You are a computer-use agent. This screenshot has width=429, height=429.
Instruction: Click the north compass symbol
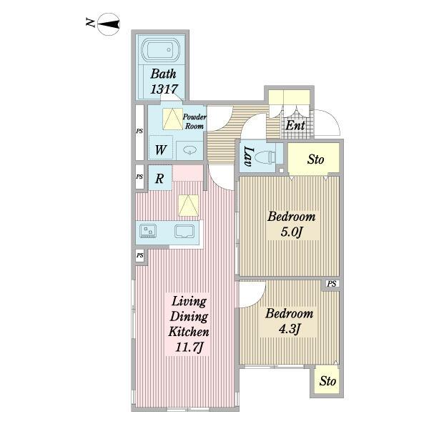tap(109, 24)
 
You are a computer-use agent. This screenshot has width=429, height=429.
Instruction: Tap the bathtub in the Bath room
tap(161, 50)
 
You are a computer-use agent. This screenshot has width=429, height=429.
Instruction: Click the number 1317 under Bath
tap(164, 89)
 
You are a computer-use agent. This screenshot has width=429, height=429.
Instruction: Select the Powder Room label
tap(194, 122)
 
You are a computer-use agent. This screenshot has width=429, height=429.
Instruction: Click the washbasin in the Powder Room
tap(190, 150)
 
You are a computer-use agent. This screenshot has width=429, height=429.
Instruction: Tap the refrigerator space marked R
tap(160, 178)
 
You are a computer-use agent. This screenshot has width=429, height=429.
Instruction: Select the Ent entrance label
tap(295, 126)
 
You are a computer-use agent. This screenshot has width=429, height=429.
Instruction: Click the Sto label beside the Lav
tap(315, 159)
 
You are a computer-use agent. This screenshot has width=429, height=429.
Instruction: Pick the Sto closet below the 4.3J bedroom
tap(327, 381)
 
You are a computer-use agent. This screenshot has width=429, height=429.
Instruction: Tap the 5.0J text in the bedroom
tap(292, 232)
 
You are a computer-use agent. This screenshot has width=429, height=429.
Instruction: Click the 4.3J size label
tap(290, 329)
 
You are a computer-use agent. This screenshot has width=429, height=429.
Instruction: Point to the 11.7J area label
tap(189, 347)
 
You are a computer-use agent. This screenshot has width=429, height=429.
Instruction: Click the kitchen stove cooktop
tap(148, 231)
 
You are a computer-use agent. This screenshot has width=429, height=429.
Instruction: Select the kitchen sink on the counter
tap(184, 232)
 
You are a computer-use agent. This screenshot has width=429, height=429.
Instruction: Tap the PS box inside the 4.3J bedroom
tap(332, 284)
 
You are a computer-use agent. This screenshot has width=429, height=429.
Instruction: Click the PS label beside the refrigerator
tap(139, 177)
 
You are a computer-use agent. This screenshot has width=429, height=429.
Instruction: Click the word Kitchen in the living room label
tap(189, 332)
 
